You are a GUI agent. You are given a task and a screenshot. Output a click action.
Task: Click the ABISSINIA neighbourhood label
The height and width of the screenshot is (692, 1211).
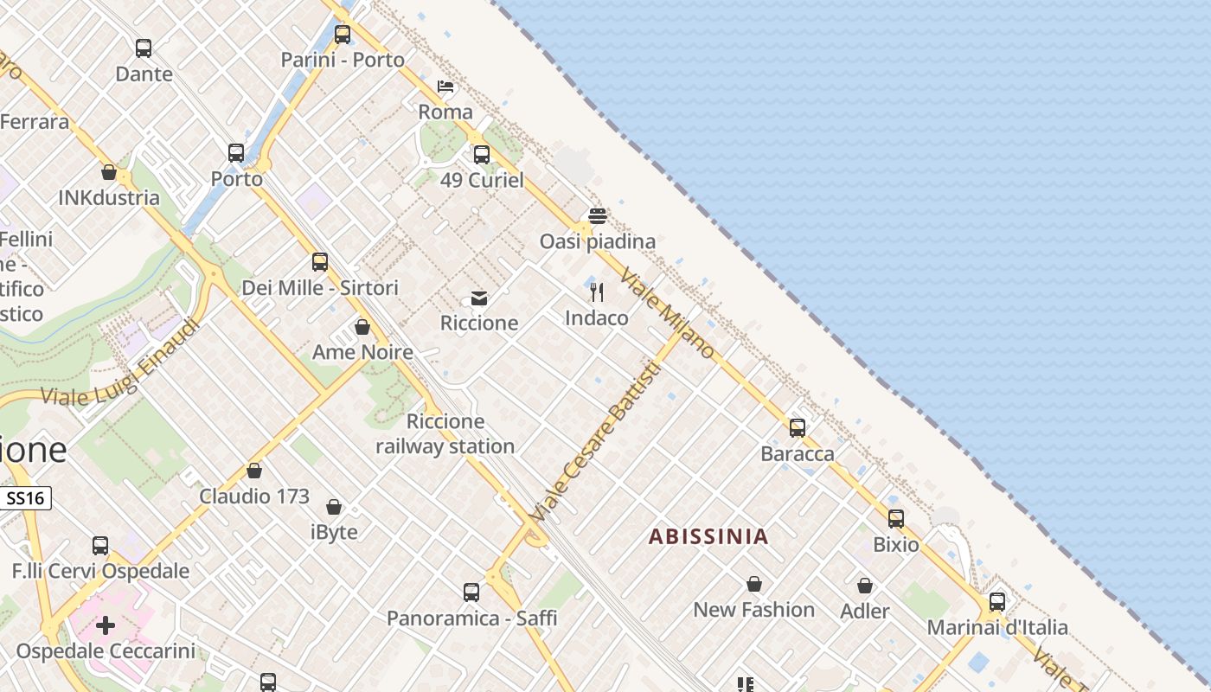click(708, 536)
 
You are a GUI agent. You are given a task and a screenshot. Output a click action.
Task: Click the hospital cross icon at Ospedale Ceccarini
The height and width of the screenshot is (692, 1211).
click(106, 625)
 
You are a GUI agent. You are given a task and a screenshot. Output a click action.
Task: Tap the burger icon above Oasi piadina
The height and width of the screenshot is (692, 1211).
click(597, 215)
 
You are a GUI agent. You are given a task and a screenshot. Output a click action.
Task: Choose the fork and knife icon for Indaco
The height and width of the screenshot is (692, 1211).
click(597, 292)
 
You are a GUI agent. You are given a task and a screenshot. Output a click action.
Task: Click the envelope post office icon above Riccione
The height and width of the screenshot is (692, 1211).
click(479, 298)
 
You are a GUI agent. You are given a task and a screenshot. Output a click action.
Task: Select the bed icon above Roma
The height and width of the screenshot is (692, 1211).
click(445, 86)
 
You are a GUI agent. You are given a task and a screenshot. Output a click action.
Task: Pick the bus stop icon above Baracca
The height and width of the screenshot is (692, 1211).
click(798, 427)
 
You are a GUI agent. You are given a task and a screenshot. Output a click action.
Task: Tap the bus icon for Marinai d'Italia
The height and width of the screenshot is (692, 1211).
click(997, 601)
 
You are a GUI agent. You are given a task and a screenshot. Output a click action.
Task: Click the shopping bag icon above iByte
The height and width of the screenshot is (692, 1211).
click(334, 506)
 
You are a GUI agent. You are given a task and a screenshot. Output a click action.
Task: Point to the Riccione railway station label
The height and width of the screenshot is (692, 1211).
click(445, 434)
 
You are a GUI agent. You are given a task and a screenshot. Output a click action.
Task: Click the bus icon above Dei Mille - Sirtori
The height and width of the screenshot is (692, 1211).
click(320, 261)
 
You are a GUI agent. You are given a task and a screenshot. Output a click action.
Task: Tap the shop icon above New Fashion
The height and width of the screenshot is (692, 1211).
click(754, 584)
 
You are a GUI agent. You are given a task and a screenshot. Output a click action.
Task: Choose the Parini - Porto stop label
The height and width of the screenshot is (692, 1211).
click(343, 60)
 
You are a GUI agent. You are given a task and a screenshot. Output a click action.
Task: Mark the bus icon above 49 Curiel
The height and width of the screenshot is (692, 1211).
click(482, 155)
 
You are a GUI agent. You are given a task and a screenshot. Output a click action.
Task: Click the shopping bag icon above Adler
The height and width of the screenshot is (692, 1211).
click(865, 586)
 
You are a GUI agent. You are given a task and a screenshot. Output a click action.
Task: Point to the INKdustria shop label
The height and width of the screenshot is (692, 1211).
click(109, 197)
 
